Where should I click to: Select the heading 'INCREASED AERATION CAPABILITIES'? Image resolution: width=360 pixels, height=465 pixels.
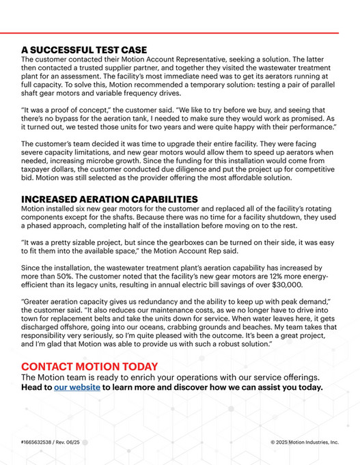[109, 199]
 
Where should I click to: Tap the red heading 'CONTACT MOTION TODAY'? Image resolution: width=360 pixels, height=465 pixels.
[89, 367]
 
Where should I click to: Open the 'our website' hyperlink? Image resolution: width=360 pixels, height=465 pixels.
[77, 387]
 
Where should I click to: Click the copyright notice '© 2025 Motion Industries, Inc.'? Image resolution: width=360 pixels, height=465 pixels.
[304, 442]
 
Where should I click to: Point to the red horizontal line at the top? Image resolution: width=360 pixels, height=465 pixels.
[180, 33]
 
